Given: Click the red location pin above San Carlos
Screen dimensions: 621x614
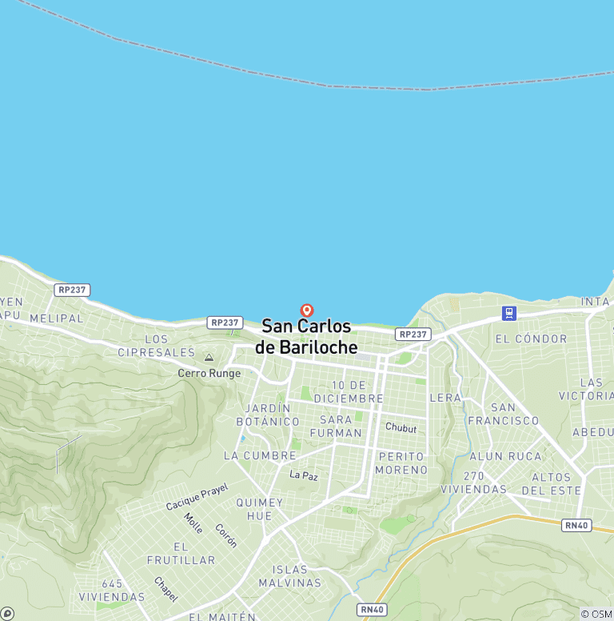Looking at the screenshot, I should point(306,310).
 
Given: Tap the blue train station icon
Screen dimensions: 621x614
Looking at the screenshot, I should point(508,313).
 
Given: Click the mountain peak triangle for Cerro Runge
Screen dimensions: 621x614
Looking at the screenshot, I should point(209,358).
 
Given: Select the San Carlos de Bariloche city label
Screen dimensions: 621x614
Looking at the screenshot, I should point(306,337).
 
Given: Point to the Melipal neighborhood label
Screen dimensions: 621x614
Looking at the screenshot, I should point(56,318).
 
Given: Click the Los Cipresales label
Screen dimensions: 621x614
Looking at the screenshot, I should point(157,346).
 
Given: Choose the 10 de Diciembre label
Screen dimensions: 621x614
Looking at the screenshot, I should point(349,392).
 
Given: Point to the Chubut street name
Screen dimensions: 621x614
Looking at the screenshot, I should point(401,428).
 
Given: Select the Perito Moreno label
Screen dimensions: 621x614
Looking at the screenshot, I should point(401,463).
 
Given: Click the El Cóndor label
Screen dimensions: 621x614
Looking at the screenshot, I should point(531,339).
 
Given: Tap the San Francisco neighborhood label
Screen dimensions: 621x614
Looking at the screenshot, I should point(504,414).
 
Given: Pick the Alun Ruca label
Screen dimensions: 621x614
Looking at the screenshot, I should point(505,456).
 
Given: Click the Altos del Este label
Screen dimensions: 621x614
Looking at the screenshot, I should point(551,483).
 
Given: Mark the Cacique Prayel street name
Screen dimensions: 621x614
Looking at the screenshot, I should point(197,497).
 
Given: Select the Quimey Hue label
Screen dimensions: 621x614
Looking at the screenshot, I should point(259,509).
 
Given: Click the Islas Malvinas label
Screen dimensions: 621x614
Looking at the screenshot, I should point(296,576).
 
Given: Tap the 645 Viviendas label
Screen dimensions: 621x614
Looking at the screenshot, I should point(112,590).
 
